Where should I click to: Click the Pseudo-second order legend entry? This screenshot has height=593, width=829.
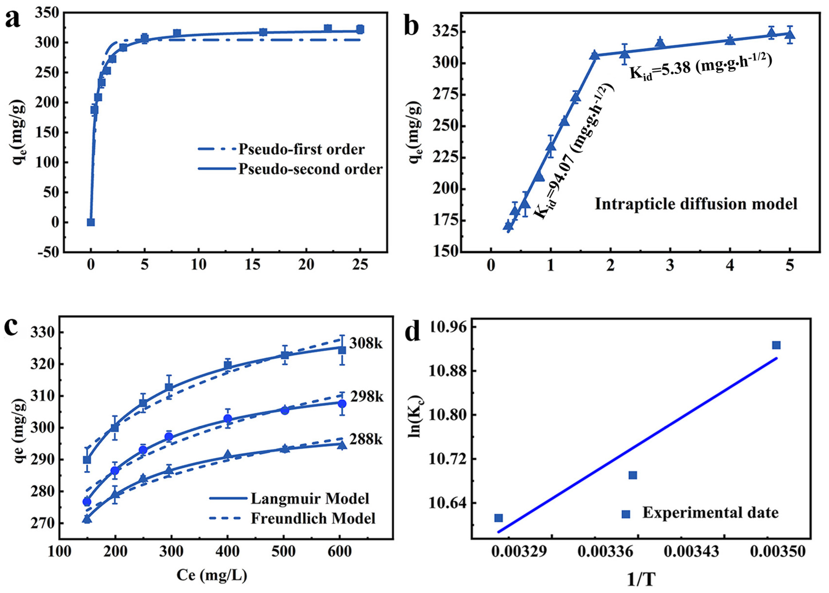(310, 169)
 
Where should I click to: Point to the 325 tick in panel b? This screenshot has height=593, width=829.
(444, 32)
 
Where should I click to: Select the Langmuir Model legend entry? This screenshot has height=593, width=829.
(310, 498)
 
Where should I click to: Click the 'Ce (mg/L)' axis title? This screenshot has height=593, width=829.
(212, 575)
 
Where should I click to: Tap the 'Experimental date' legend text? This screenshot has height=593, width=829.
(710, 513)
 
